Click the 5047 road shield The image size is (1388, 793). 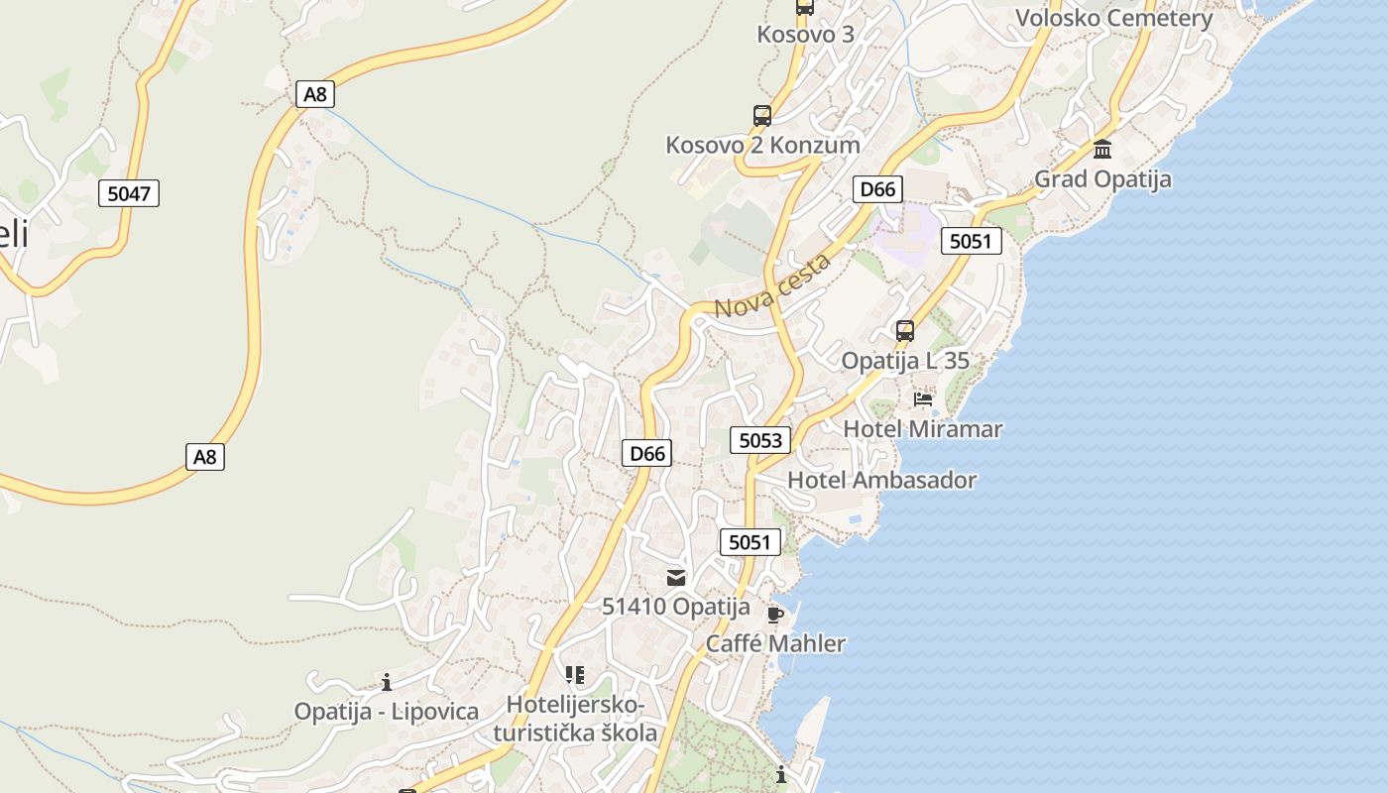tap(129, 193)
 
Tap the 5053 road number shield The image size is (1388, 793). tap(760, 440)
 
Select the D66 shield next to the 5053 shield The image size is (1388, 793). tap(648, 454)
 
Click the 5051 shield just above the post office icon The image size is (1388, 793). tap(750, 541)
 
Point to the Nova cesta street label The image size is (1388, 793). tap(772, 287)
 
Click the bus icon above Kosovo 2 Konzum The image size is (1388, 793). tap(761, 116)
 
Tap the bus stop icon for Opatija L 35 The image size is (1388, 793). tap(905, 331)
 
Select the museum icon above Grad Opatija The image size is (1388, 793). tap(1102, 150)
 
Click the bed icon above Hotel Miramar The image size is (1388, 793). tap(923, 399)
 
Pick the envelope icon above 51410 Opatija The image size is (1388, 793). tap(676, 577)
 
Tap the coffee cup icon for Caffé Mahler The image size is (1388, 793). tap(775, 615)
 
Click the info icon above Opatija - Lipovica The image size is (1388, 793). tap(387, 682)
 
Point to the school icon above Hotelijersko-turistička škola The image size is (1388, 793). tap(574, 675)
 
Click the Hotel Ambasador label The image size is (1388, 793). tap(881, 481)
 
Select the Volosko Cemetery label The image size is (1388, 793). tap(1114, 19)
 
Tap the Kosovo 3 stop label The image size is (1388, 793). tap(805, 35)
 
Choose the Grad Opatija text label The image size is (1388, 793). tap(1102, 179)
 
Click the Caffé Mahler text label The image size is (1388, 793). tap(775, 644)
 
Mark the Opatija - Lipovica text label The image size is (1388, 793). tap(387, 712)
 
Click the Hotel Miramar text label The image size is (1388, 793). tap(922, 429)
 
